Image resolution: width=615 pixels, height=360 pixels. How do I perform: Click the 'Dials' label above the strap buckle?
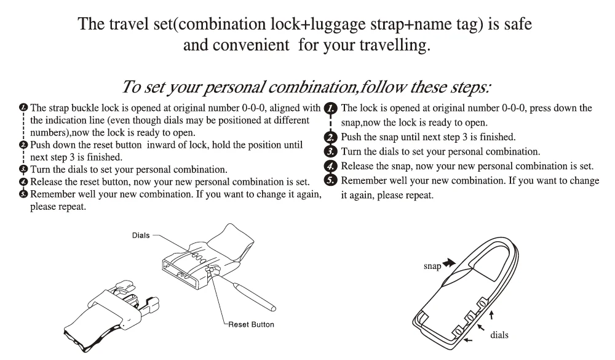141,236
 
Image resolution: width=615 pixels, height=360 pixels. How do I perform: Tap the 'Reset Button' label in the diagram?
251,324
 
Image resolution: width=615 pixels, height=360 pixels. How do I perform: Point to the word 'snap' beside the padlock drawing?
432,266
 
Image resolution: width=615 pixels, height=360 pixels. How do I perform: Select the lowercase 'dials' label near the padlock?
499,335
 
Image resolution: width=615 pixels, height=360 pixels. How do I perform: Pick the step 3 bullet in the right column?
331,151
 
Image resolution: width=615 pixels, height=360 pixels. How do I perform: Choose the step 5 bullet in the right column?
331,180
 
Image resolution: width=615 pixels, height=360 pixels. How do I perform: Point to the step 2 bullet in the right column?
331,137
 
